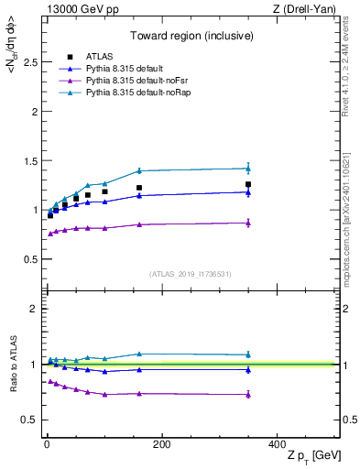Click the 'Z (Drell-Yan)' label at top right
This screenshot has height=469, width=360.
pos(307,9)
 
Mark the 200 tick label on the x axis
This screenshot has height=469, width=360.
pos(161,443)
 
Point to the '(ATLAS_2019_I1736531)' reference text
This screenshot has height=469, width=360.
pos(190,273)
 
